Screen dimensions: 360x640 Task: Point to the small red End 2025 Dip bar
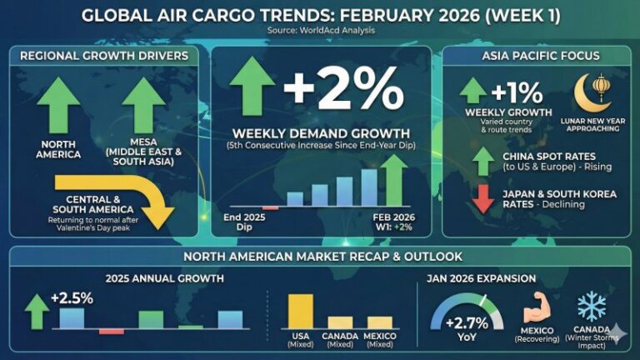point(270,207)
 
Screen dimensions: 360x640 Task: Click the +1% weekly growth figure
point(517,91)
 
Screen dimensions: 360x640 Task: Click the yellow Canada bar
point(340,322)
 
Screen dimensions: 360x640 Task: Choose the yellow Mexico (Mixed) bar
point(379,322)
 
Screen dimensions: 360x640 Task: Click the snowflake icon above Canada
point(592,307)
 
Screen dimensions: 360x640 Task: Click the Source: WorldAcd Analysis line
point(321,30)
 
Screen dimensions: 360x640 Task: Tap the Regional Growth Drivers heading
point(104,56)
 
